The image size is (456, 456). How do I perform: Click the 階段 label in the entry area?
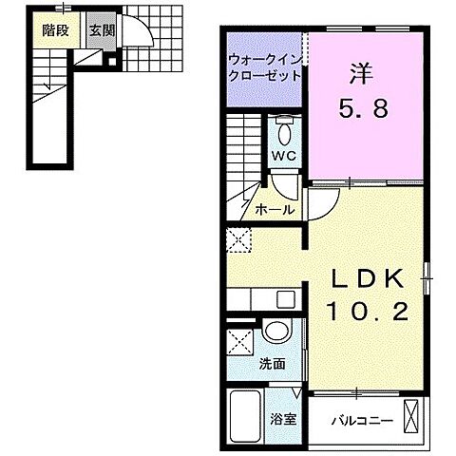coord(55,29)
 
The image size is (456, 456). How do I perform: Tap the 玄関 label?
coord(102,29)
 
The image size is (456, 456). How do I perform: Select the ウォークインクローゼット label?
coord(262,67)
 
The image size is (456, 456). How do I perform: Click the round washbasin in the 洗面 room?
coord(275,332)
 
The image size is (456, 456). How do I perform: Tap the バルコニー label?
coord(355,418)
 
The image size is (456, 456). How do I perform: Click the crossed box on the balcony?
coord(413,416)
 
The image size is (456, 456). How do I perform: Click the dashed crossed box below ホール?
coord(237,240)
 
